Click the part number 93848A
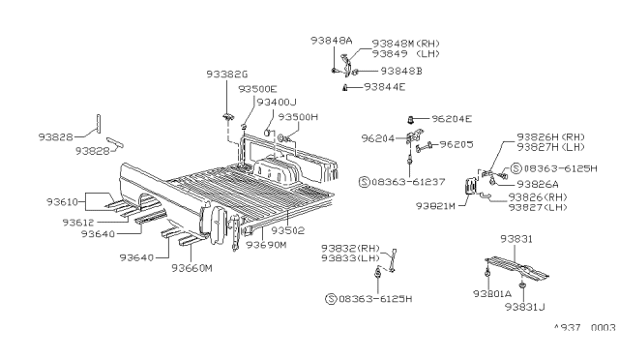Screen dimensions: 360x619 (x=332, y=41)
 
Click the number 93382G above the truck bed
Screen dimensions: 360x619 (x=227, y=74)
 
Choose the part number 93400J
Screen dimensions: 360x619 (x=276, y=102)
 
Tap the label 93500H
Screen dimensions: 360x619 (x=299, y=116)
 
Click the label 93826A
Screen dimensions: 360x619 (x=538, y=184)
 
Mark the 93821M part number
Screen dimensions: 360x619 (x=437, y=205)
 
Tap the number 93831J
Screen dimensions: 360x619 (x=525, y=308)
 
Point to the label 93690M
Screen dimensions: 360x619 (x=267, y=245)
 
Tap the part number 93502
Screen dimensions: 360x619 (x=287, y=230)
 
